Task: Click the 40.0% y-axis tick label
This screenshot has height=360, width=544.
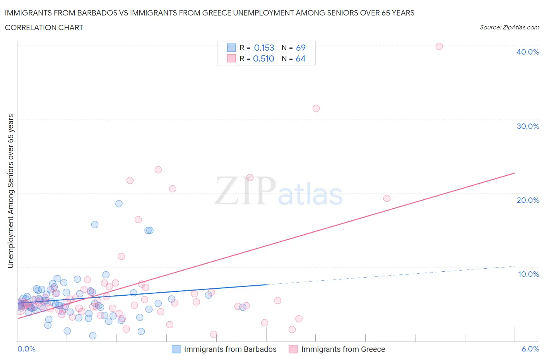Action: pos(527,52)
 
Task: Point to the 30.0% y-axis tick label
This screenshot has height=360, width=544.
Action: pos(527,126)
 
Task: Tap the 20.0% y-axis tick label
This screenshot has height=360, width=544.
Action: pos(527,200)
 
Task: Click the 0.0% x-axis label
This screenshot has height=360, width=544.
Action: pos(26,349)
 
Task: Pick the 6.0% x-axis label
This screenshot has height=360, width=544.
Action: pos(530,349)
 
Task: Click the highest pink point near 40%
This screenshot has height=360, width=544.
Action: pos(439,46)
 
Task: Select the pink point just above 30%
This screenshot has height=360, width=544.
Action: pos(316,108)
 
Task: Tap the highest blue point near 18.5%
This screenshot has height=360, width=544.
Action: pos(119,204)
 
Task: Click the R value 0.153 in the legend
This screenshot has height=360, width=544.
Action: pos(264,48)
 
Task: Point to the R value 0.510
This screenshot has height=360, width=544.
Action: pos(263,58)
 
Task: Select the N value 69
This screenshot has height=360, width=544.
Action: pos(301,48)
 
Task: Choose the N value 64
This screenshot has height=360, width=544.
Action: pos(301,58)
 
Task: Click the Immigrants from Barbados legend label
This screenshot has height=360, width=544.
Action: pos(230,349)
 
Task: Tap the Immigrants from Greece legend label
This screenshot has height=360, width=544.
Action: pos(343,349)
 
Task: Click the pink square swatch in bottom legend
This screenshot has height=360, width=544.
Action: pos(293,349)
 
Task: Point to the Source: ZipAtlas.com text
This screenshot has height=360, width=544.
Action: pos(509,27)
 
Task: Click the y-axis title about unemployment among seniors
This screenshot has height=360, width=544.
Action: pos(11,191)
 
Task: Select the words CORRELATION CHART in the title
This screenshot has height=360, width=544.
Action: pos(44,27)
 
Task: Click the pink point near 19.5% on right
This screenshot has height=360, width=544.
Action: pos(387,198)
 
